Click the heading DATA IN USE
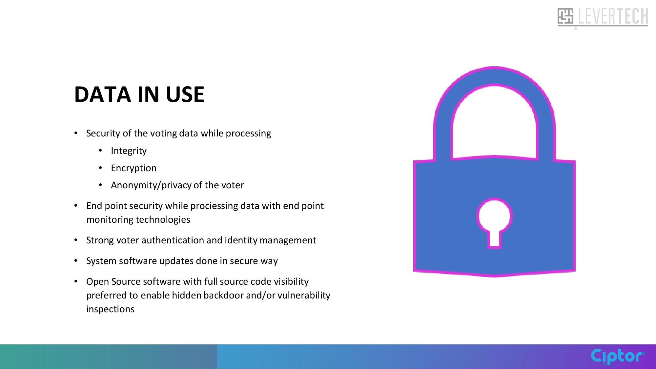click(139, 94)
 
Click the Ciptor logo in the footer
click(618, 356)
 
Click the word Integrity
click(129, 151)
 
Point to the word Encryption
click(133, 168)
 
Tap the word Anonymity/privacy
click(151, 185)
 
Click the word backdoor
click(223, 295)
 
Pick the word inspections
click(110, 309)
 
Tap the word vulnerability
click(304, 296)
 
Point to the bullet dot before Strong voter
click(76, 240)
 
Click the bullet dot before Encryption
click(101, 168)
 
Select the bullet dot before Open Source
click(76, 281)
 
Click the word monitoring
click(110, 220)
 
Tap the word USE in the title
click(185, 94)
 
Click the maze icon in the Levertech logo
click(565, 16)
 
